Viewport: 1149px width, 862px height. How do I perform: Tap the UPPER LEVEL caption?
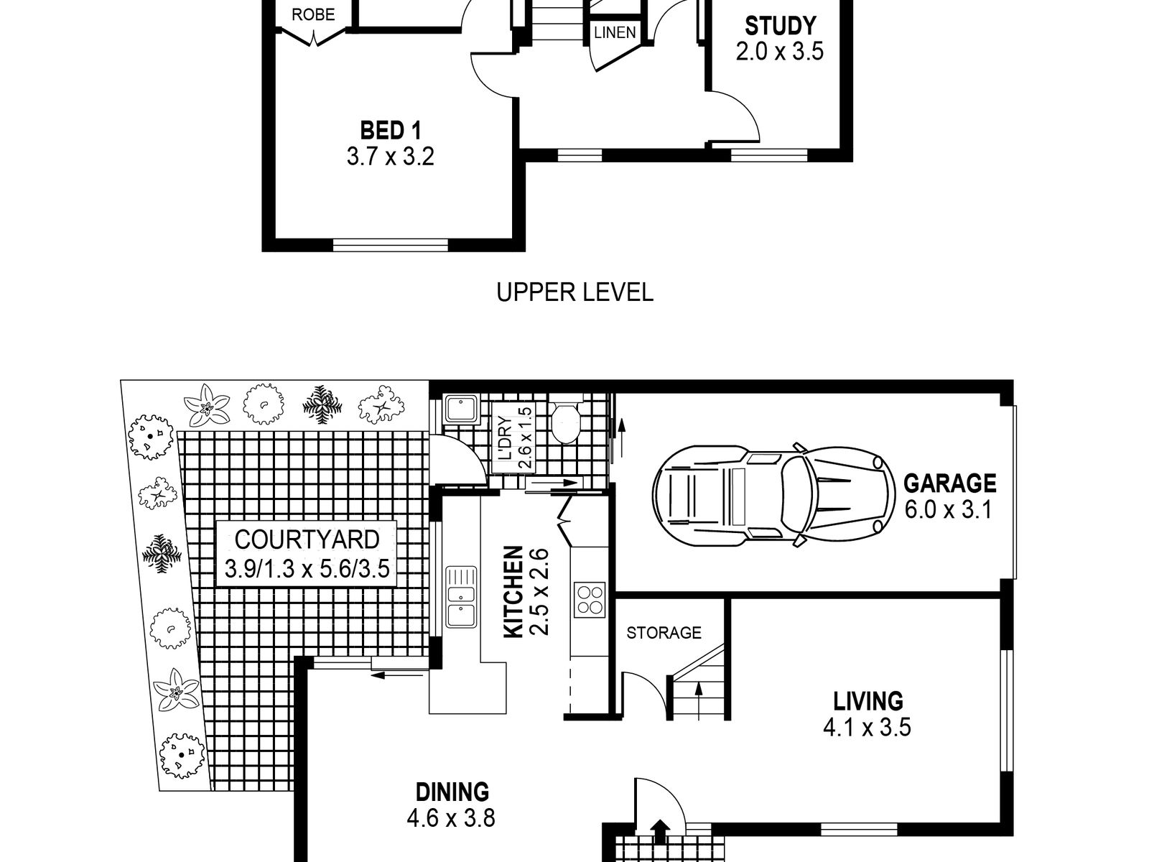tap(574, 292)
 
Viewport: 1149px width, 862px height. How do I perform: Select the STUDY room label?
tap(780, 26)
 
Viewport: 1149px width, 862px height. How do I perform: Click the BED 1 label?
tap(391, 130)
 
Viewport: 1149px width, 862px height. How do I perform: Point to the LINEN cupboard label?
tap(615, 33)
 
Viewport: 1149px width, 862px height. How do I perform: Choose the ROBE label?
tap(313, 14)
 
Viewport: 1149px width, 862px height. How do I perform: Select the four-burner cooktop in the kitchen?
tap(590, 600)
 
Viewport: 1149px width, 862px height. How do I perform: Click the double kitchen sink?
tap(461, 597)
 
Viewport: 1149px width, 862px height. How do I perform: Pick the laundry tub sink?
tap(461, 409)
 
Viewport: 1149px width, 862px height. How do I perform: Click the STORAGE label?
tap(664, 633)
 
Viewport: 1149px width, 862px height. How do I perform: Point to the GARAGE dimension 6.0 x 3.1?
tap(949, 509)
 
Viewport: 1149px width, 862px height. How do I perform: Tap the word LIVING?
tap(868, 701)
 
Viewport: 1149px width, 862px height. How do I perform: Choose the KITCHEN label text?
tap(513, 592)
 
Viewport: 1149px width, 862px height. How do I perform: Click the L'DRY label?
tap(505, 437)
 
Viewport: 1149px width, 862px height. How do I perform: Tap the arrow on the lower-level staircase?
tap(698, 701)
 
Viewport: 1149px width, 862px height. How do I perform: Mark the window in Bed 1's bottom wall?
tap(391, 245)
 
